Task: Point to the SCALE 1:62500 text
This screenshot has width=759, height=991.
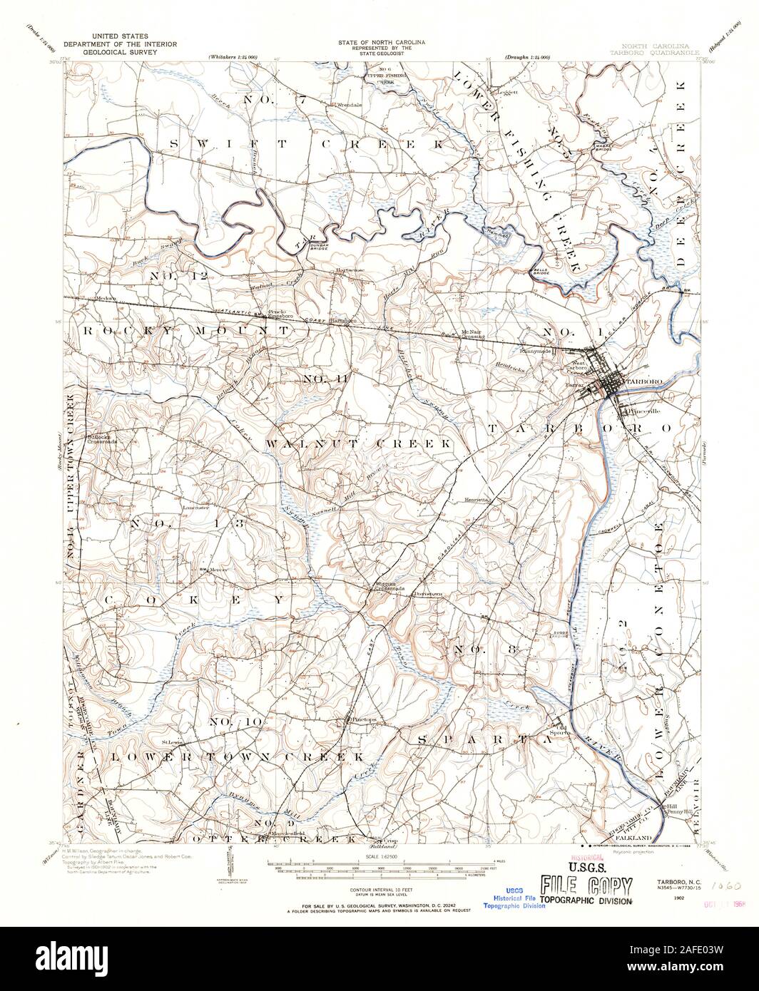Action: pyautogui.click(x=379, y=856)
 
